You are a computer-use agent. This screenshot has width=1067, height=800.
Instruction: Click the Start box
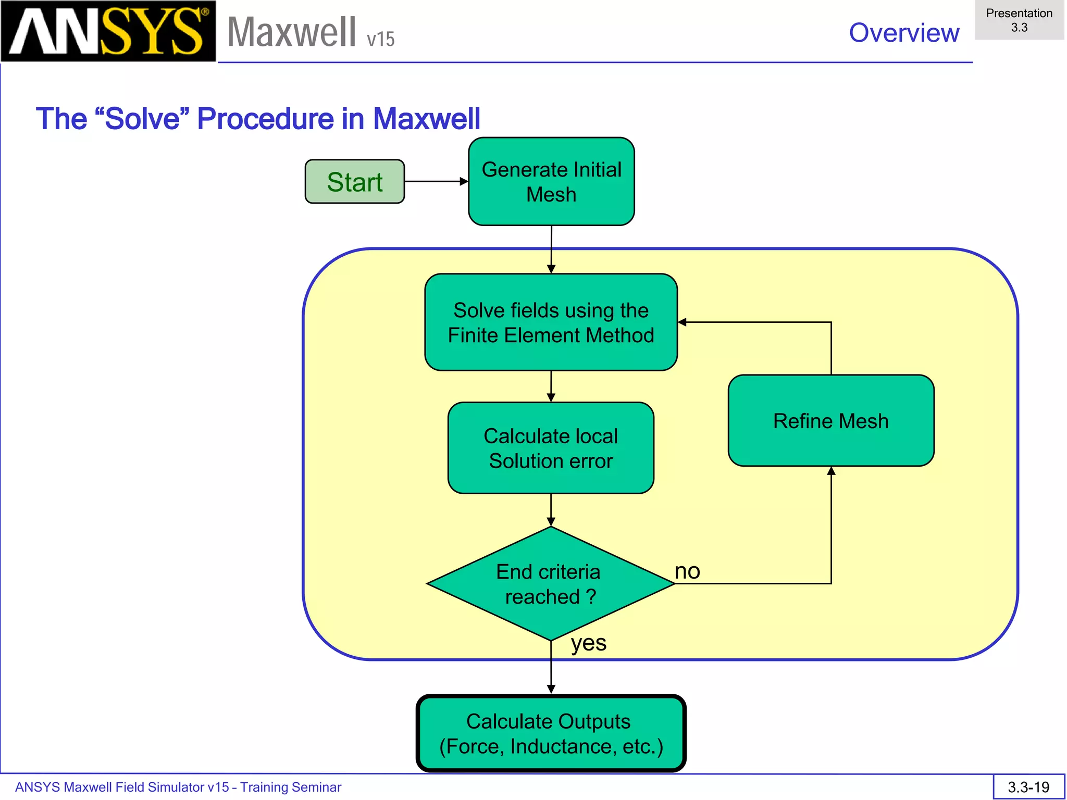point(354,181)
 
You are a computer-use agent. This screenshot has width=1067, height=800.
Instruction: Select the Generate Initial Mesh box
point(551,181)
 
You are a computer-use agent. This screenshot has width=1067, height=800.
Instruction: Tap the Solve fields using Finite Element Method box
point(551,322)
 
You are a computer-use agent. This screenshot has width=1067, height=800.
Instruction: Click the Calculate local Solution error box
point(551,448)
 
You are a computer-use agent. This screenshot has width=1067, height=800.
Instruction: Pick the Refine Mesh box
point(830,421)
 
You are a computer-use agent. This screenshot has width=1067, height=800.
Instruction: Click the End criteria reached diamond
point(550,584)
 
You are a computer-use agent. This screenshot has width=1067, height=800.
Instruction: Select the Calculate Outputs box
point(551,733)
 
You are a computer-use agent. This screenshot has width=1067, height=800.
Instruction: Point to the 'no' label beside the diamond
point(687,571)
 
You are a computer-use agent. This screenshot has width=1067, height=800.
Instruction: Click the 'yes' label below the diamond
point(588,643)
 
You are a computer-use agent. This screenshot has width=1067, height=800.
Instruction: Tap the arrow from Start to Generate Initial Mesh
point(436,181)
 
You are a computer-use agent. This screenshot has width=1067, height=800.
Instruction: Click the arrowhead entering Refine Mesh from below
point(831,471)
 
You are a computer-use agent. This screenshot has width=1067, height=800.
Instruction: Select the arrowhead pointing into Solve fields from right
point(683,322)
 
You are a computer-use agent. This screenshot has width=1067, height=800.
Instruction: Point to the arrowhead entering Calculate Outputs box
point(551,689)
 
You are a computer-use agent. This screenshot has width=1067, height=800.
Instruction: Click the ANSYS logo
point(108,31)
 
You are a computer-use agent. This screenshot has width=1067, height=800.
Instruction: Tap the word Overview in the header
point(903,33)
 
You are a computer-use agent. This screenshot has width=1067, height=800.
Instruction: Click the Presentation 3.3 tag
point(1019,20)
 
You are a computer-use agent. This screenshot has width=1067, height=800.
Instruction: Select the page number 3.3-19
point(1028,787)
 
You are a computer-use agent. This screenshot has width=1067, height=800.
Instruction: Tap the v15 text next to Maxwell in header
point(380,40)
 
